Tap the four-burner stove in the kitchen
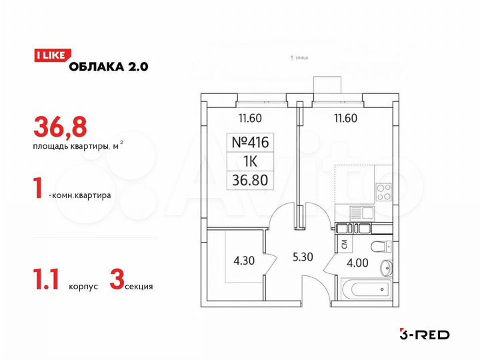(x=385, y=192)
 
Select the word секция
(x=139, y=286)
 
